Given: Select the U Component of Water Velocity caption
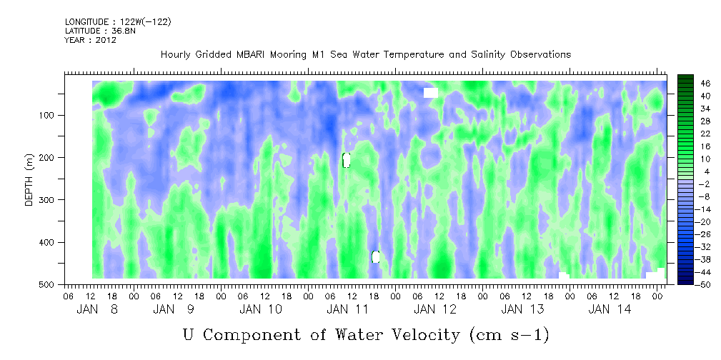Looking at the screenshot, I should pyautogui.click(x=365, y=334).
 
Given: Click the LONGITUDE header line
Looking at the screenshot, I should pyautogui.click(x=118, y=22).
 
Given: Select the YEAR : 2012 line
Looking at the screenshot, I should pyautogui.click(x=90, y=40).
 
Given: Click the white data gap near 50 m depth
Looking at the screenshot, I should pyautogui.click(x=430, y=93).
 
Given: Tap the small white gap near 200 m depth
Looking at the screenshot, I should pyautogui.click(x=347, y=160).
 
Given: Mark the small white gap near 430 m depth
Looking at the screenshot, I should pyautogui.click(x=376, y=256).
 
